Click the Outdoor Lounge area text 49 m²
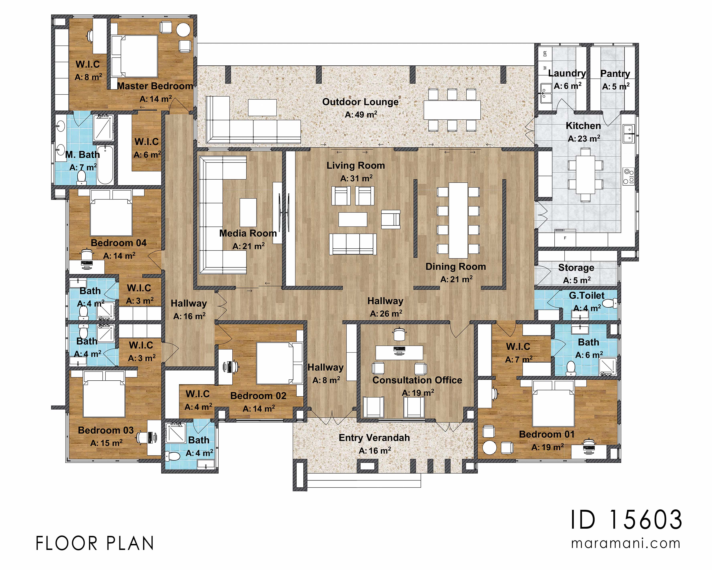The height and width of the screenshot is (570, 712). [x=361, y=115]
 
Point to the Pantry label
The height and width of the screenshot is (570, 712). [x=615, y=73]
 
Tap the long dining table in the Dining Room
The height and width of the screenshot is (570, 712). [x=458, y=220]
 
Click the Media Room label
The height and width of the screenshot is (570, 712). [x=248, y=233]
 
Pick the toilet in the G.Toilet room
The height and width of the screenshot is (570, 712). [x=613, y=303]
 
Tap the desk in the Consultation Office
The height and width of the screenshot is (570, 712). [x=399, y=353]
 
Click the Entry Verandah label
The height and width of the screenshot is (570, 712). [x=374, y=438]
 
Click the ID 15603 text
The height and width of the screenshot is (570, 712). [x=626, y=520]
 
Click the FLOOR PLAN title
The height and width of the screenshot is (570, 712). [x=95, y=544]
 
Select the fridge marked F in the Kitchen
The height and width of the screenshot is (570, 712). [x=565, y=238]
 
